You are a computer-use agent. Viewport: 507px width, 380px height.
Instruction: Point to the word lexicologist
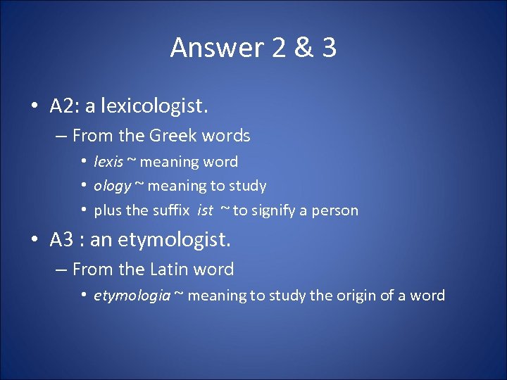point(155,106)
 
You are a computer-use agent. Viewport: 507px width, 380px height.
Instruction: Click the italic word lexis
point(108,162)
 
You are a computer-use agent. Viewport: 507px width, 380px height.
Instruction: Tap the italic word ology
point(113,186)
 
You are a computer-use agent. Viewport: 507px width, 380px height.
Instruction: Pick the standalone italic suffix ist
point(205,210)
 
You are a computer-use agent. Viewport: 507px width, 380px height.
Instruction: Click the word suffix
point(168,210)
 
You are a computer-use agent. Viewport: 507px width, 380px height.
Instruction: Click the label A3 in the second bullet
point(61,241)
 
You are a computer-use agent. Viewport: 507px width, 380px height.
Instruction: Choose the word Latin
point(169,270)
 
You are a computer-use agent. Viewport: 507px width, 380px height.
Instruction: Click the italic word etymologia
point(132,296)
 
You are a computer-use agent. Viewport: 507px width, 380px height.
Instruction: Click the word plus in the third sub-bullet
point(107,210)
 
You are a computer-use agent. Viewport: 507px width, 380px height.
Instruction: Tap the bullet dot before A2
point(34,106)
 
